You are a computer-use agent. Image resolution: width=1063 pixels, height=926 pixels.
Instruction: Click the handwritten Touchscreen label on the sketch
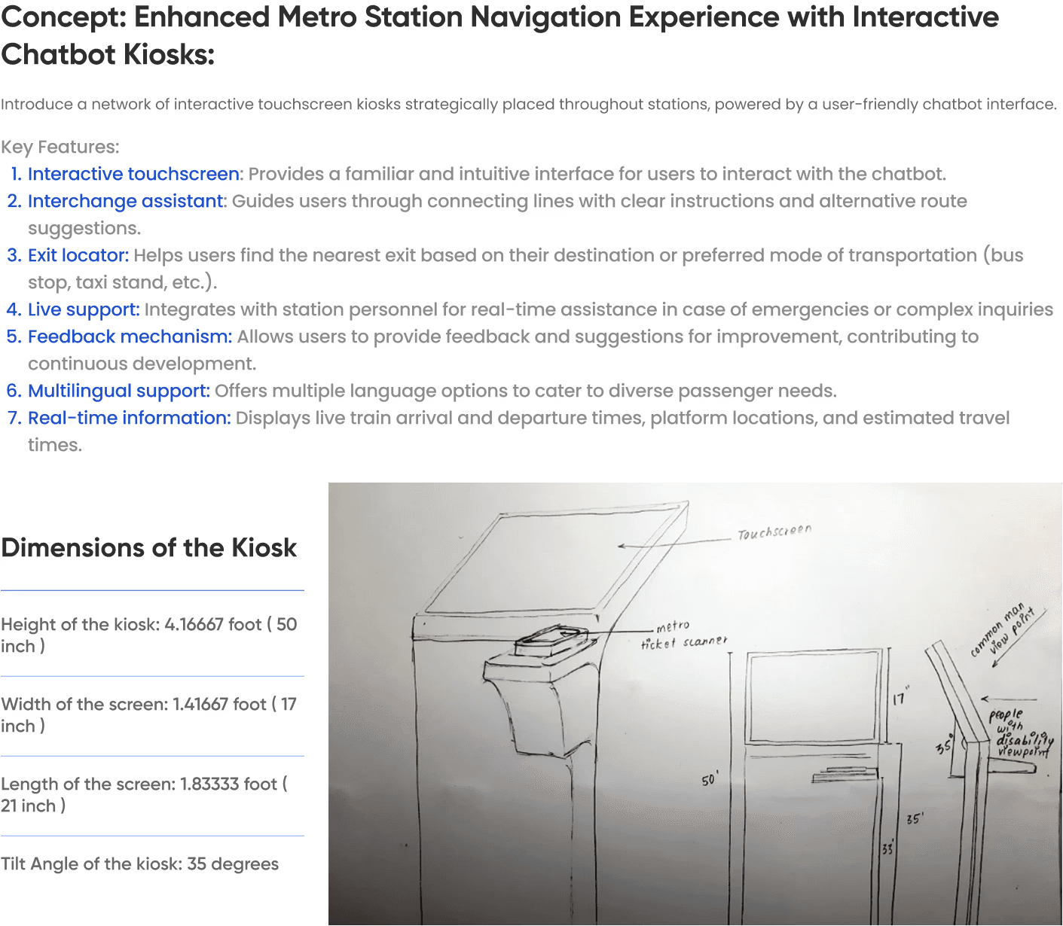pyautogui.click(x=774, y=532)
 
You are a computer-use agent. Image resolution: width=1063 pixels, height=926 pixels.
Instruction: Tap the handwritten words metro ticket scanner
pyautogui.click(x=684, y=635)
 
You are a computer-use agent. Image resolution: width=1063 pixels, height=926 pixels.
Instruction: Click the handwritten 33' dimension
pyautogui.click(x=887, y=849)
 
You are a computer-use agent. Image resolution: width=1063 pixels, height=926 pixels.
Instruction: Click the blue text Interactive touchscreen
pyautogui.click(x=133, y=174)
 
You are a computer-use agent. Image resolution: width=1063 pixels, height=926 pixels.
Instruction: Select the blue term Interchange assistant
pyautogui.click(x=126, y=201)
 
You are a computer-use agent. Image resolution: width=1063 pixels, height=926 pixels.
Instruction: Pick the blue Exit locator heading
pyautogui.click(x=78, y=255)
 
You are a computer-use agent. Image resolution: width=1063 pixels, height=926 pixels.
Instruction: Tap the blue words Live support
pyautogui.click(x=84, y=309)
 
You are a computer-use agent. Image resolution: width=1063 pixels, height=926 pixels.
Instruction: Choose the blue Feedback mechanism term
pyautogui.click(x=130, y=337)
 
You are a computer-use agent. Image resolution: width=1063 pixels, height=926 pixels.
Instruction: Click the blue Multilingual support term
pyautogui.click(x=119, y=391)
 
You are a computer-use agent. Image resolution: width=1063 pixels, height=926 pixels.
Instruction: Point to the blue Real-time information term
pyautogui.click(x=130, y=418)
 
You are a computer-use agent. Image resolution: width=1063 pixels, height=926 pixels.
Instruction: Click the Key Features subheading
pyautogui.click(x=60, y=147)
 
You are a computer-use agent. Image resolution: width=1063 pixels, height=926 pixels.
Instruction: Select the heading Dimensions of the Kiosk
pyautogui.click(x=148, y=547)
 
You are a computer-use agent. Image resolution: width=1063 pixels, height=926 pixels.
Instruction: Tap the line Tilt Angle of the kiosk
pyautogui.click(x=140, y=864)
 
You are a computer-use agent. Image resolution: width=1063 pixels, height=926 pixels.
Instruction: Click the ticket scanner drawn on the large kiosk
pyautogui.click(x=551, y=642)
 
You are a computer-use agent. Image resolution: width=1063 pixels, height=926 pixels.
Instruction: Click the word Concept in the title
pyautogui.click(x=63, y=17)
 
